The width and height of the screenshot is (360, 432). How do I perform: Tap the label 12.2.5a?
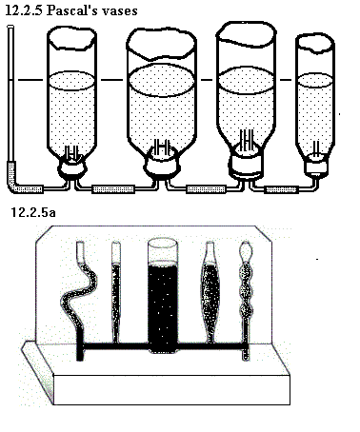point(33,212)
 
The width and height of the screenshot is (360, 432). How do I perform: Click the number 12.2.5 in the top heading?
point(24,10)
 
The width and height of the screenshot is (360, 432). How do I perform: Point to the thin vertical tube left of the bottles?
point(10,95)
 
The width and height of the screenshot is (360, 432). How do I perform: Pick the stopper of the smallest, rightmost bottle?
point(316,167)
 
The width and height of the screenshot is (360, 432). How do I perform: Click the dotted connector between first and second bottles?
point(113,189)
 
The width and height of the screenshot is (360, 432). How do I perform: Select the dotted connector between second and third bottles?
point(206,189)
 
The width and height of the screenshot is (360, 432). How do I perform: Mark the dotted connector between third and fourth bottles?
point(281,189)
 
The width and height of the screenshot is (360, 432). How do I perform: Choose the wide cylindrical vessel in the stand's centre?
point(163,297)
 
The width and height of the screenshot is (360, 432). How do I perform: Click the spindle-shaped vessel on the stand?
point(210,293)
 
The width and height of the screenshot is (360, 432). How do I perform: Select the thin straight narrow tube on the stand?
point(116,292)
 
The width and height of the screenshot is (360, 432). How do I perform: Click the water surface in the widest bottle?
point(162,80)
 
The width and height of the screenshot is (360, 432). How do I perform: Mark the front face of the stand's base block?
point(171,390)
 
